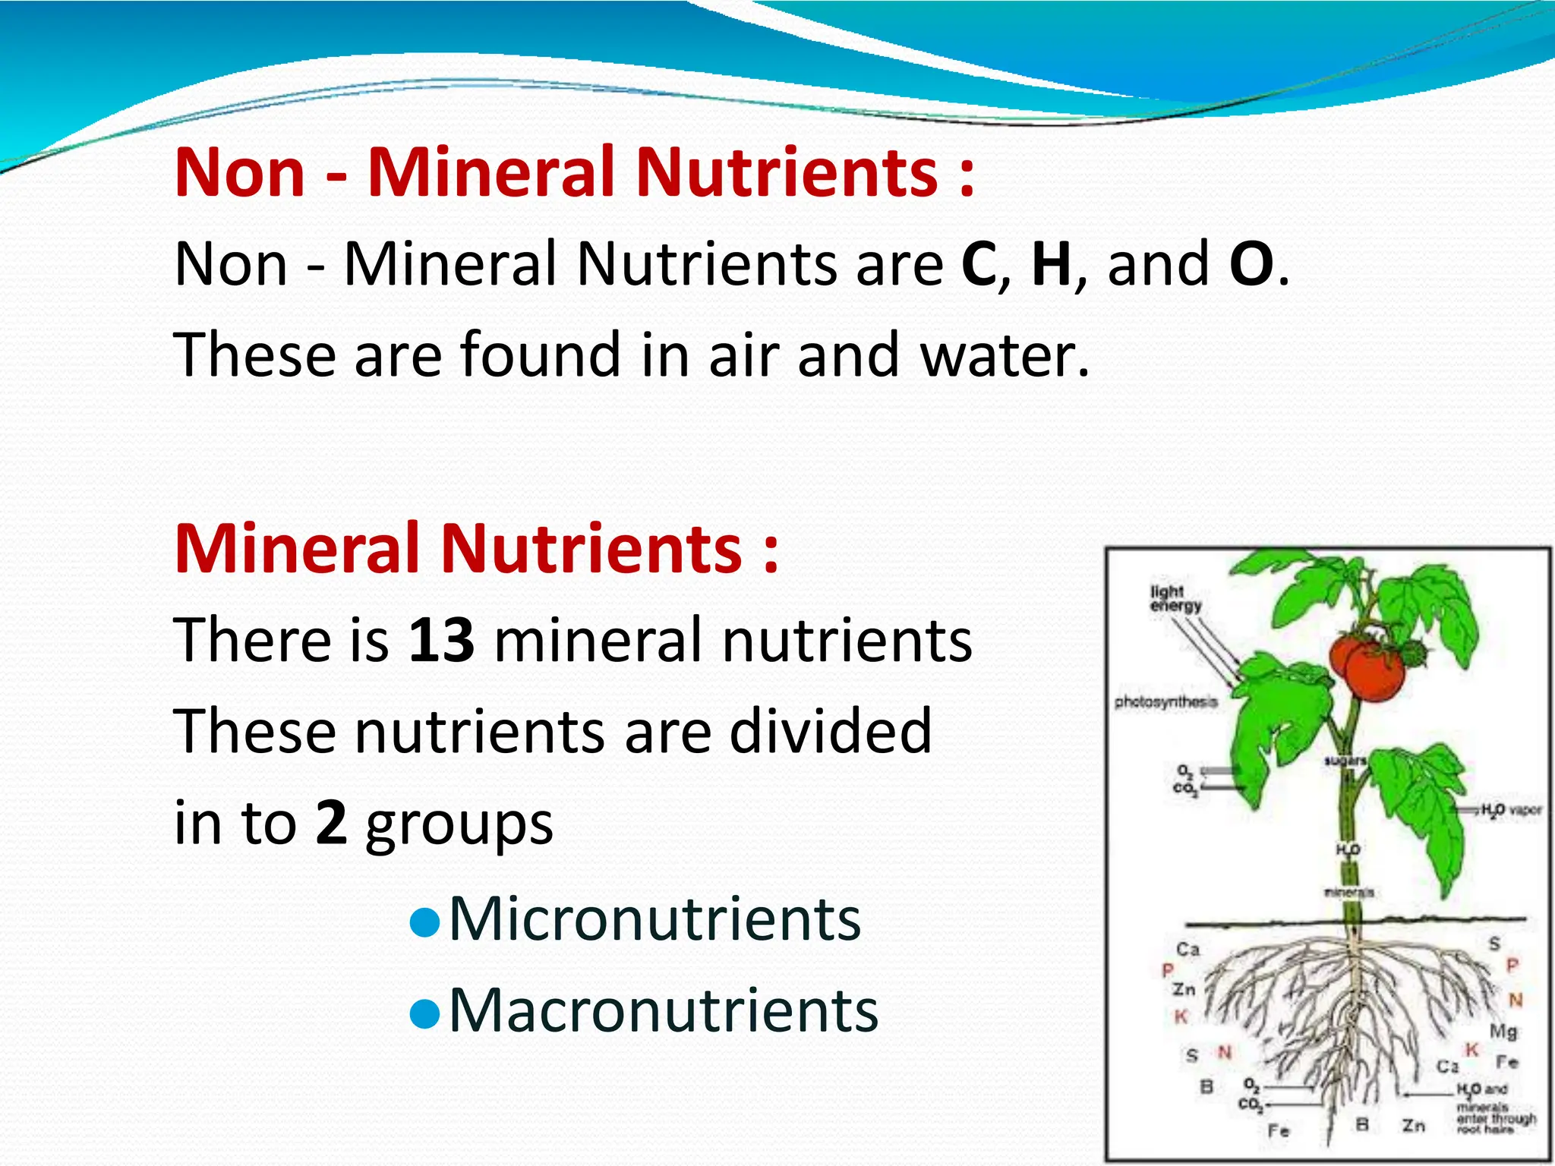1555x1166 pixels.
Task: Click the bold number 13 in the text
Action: [x=442, y=640]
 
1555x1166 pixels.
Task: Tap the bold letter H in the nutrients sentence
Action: [x=1052, y=263]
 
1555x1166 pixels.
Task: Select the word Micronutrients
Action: [x=654, y=919]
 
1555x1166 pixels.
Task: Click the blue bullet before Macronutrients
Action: [x=424, y=1013]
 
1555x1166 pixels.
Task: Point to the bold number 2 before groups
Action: [x=331, y=822]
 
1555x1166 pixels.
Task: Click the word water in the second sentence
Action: [x=1004, y=355]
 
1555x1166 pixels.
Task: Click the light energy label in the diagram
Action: [x=1175, y=598]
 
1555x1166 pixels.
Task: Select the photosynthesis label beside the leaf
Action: [x=1165, y=702]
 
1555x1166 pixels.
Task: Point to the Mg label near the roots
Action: [x=1503, y=1031]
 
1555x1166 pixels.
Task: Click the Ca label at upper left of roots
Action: [x=1188, y=950]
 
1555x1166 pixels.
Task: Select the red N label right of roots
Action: [x=1516, y=1000]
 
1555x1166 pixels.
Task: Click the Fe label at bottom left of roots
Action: [x=1279, y=1131]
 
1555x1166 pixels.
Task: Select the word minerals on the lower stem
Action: [x=1348, y=892]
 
